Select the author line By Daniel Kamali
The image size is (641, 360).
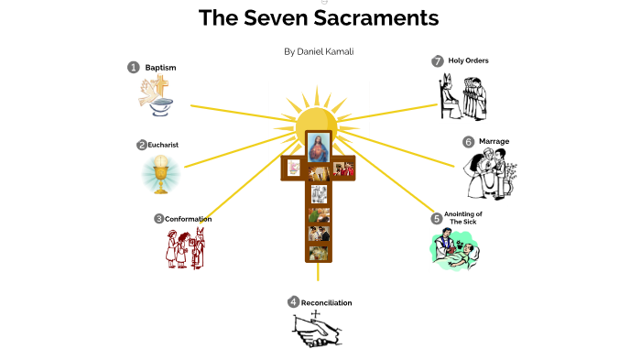[x=319, y=51]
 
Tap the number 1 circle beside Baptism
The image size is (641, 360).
[x=134, y=67]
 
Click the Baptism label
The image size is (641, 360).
[x=160, y=68]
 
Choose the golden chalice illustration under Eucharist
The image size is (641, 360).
[x=162, y=174]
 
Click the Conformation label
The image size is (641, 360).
[x=189, y=219]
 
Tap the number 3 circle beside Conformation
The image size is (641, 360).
[x=159, y=219]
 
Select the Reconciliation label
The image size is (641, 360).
[x=327, y=302]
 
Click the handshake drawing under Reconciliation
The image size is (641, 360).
[x=318, y=331]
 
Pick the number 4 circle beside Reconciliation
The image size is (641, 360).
[x=293, y=302]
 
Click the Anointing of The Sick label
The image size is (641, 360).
[x=463, y=218]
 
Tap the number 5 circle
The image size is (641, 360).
[x=437, y=219]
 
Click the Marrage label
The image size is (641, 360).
[x=494, y=141]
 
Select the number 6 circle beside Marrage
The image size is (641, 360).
[x=468, y=142]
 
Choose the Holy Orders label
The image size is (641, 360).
[x=469, y=60]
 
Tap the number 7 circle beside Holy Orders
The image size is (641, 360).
[x=438, y=61]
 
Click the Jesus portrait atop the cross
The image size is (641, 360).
[x=318, y=147]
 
